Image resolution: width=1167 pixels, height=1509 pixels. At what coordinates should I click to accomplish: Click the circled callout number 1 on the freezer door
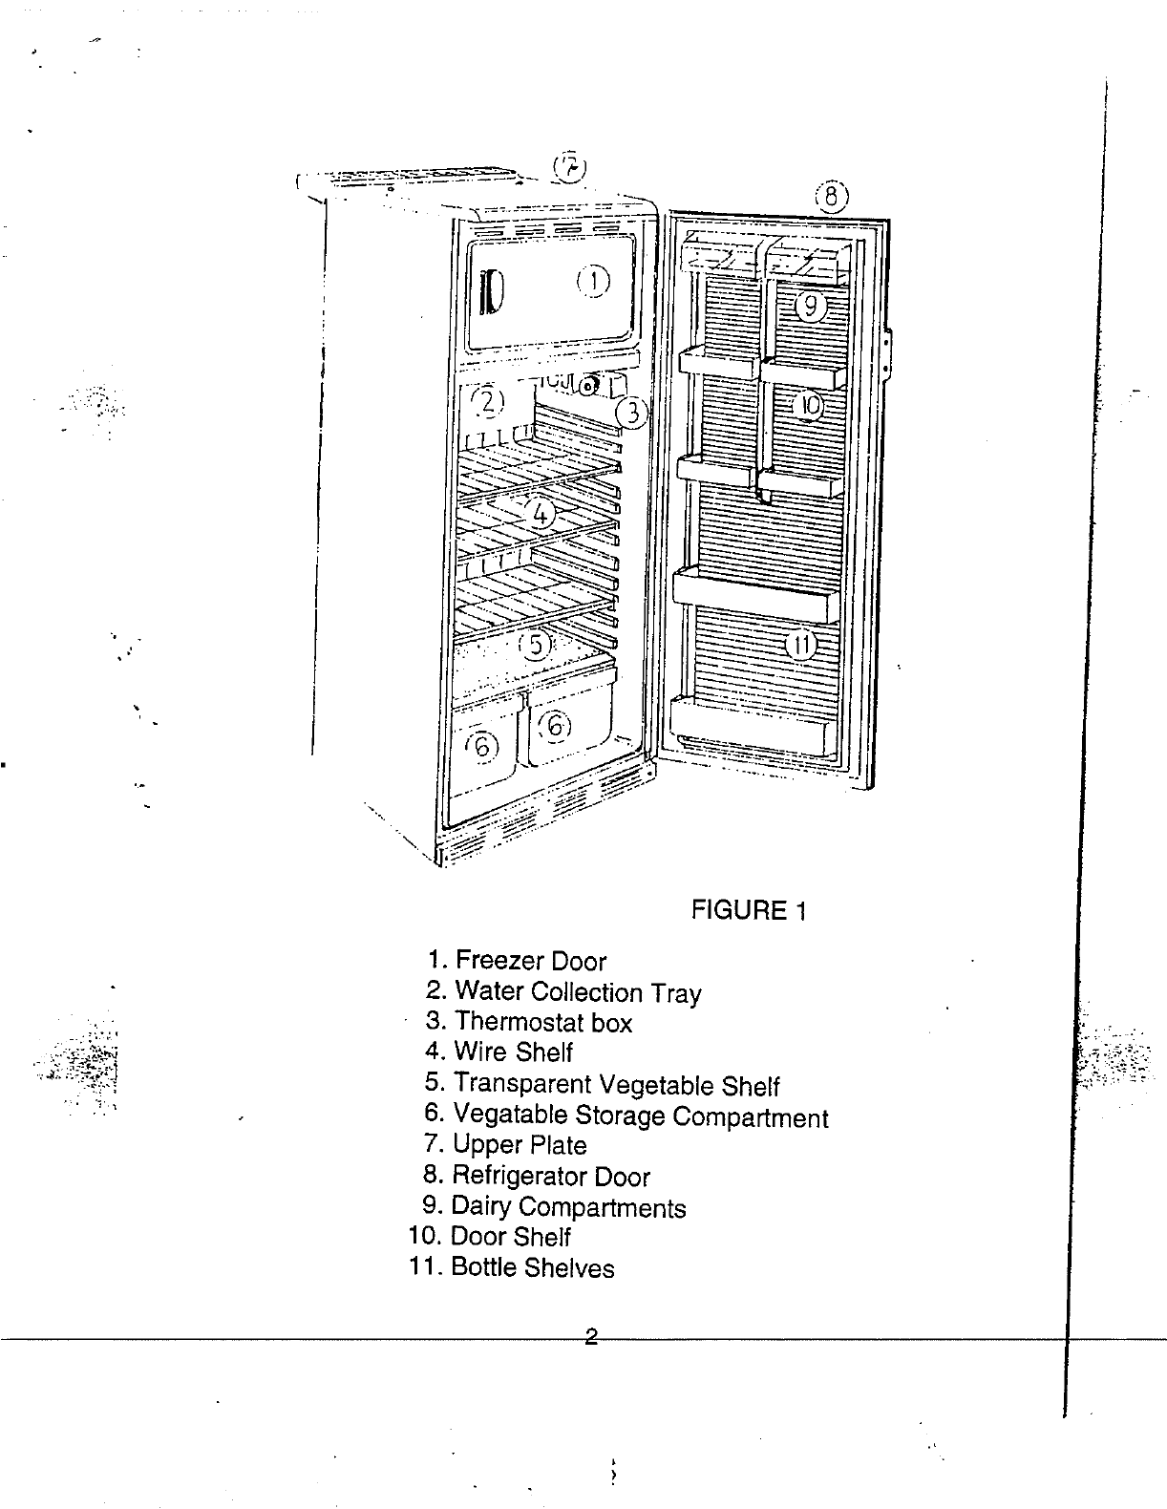pyautogui.click(x=593, y=280)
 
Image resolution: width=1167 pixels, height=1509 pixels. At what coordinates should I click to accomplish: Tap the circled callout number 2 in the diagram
pyautogui.click(x=488, y=400)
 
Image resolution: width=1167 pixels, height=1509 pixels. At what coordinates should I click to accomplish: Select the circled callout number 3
pyautogui.click(x=631, y=413)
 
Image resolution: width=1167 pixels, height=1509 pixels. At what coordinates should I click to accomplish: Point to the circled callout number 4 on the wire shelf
pyautogui.click(x=540, y=514)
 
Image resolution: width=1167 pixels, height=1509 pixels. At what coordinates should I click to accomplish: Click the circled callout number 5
pyautogui.click(x=536, y=645)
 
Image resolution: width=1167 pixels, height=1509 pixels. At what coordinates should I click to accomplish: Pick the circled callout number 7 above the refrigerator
pyautogui.click(x=570, y=167)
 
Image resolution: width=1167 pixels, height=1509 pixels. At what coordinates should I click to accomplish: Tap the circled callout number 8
pyautogui.click(x=832, y=198)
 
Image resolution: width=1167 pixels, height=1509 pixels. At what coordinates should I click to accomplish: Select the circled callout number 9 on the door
pyautogui.click(x=809, y=306)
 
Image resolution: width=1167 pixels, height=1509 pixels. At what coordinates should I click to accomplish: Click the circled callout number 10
pyautogui.click(x=809, y=406)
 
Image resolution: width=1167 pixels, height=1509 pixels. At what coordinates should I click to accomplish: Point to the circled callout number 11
pyautogui.click(x=800, y=647)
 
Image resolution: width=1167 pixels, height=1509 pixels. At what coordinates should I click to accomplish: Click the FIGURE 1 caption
pyautogui.click(x=749, y=910)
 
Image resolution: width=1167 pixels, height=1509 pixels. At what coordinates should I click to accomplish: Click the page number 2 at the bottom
pyautogui.click(x=591, y=1337)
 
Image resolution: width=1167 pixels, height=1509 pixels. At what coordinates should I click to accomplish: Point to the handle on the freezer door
pyautogui.click(x=491, y=290)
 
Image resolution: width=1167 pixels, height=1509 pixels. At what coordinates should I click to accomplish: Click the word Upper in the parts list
pyautogui.click(x=487, y=1145)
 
